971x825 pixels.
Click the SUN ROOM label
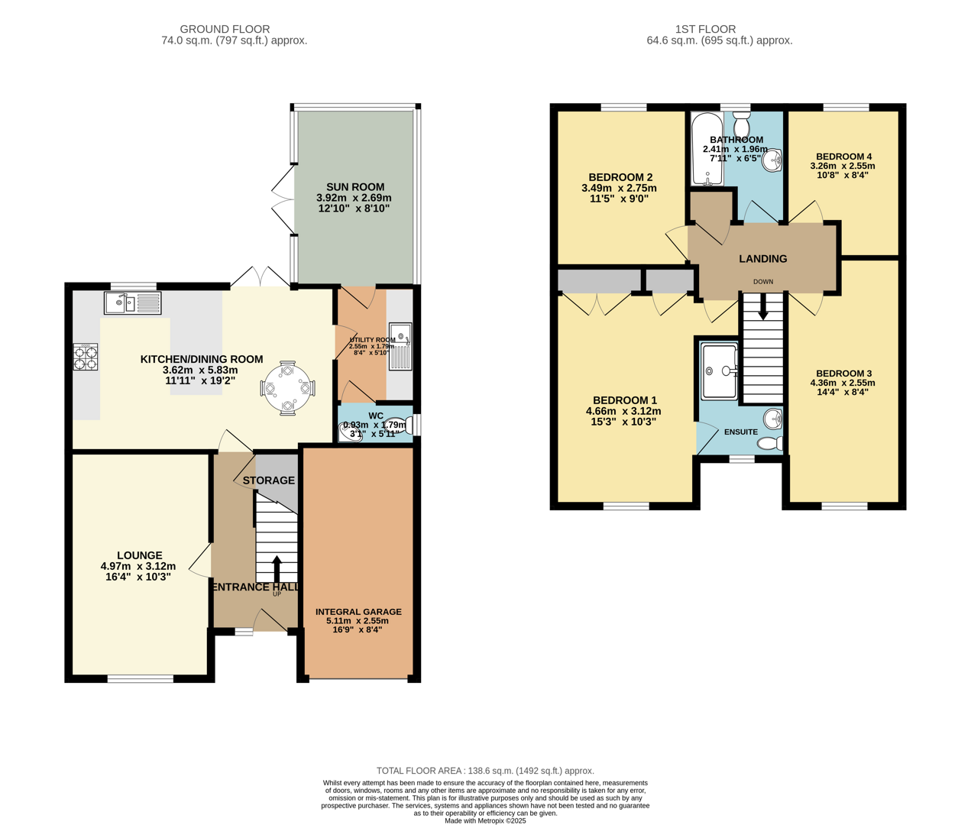(355, 187)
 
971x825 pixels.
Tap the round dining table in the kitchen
(287, 388)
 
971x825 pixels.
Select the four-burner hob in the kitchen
(86, 357)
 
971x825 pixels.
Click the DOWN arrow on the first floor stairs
(762, 307)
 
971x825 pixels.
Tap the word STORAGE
(268, 480)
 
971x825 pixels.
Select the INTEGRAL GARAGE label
(358, 612)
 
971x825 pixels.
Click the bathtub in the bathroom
(707, 150)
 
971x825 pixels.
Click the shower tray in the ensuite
(720, 371)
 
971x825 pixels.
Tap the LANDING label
(762, 259)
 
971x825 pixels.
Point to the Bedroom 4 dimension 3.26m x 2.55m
(843, 166)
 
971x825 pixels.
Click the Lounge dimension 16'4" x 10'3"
(138, 577)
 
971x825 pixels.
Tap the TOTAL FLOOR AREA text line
(485, 771)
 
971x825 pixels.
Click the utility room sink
(401, 347)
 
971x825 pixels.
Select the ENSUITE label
(740, 432)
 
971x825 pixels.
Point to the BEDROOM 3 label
(843, 374)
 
